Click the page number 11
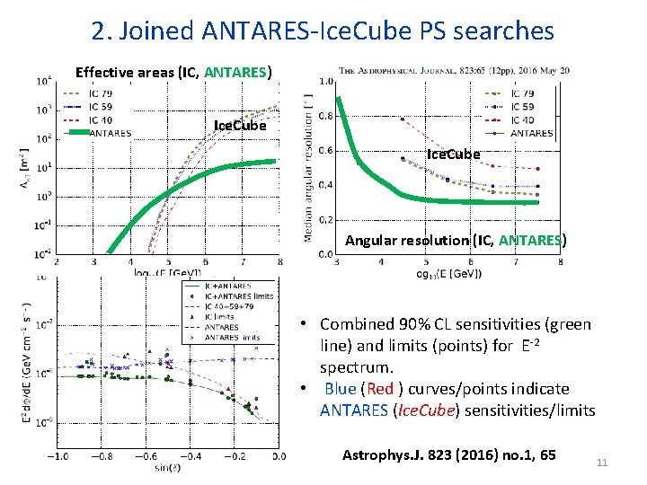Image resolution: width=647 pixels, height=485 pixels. coord(603,463)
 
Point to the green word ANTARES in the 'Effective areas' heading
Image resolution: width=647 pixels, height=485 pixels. coord(236,72)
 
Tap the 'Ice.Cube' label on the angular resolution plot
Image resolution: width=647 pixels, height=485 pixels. coord(453,154)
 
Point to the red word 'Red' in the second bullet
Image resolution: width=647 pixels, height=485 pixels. coord(380,389)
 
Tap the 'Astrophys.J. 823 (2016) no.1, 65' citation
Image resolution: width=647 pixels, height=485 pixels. coord(449,455)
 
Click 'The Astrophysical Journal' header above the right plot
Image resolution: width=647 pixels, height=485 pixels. coord(404,70)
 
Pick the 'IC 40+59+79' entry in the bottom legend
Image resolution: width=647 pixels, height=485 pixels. coord(230,306)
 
